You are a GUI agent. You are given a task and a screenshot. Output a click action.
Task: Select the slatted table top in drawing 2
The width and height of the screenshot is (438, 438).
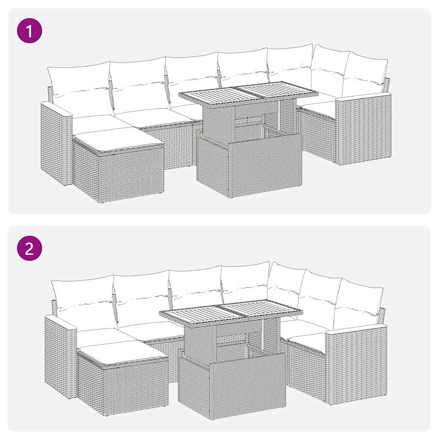click(x=231, y=311)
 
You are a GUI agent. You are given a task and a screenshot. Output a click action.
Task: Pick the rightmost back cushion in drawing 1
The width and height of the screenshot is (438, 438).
click(x=366, y=75)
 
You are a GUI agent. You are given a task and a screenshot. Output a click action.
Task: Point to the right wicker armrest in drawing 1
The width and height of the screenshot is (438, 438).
click(x=363, y=128)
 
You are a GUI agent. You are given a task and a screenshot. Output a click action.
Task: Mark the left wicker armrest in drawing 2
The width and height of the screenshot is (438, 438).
click(x=60, y=355)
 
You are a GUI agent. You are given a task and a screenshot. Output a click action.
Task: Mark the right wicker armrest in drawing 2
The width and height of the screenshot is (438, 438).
click(x=356, y=364)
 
